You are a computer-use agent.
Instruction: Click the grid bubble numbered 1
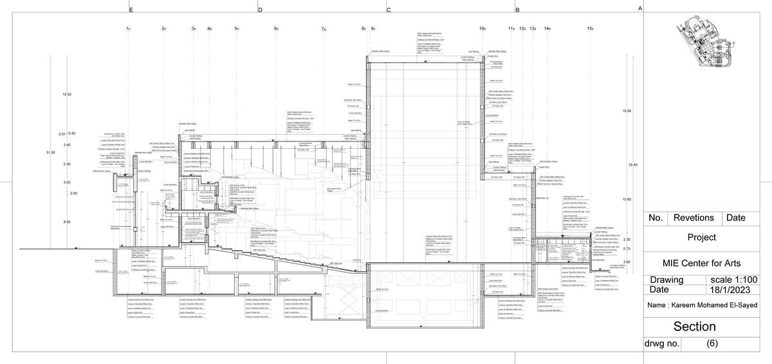pos(129,29)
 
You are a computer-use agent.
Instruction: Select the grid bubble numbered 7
pos(324,29)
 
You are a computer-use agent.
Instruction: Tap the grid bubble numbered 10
pos(482,29)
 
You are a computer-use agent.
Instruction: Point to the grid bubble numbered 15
pos(590,29)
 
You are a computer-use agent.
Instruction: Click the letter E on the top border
pos(131,10)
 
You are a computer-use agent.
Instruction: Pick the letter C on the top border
pos(388,10)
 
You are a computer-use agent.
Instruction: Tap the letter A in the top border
pos(639,9)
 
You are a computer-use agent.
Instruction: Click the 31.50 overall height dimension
pos(50,152)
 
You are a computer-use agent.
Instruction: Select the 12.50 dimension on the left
pos(67,95)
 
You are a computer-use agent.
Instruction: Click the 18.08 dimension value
pos(627,111)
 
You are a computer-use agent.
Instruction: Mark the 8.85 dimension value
pos(67,222)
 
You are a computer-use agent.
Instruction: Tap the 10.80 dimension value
pos(627,200)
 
